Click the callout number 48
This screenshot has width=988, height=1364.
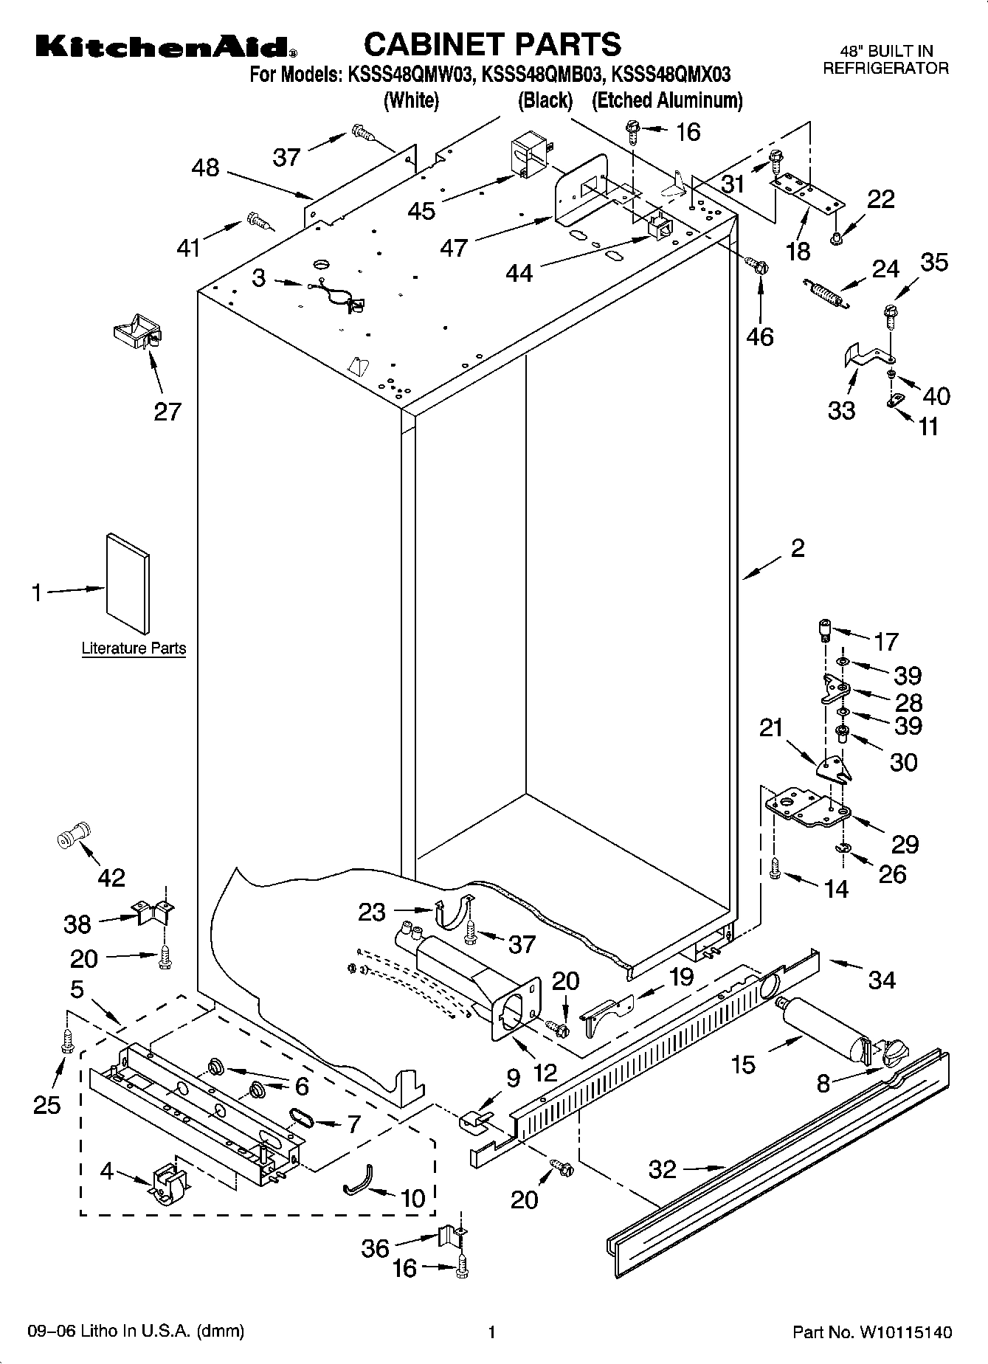pyautogui.click(x=205, y=167)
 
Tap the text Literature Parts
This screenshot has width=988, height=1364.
pyautogui.click(x=134, y=648)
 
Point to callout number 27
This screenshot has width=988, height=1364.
pyautogui.click(x=167, y=411)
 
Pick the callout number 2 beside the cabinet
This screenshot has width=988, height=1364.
pyautogui.click(x=797, y=549)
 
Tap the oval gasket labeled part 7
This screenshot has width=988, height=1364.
pyautogui.click(x=303, y=1118)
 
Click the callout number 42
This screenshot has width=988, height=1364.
pyautogui.click(x=111, y=877)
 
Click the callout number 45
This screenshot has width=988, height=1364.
pyautogui.click(x=422, y=210)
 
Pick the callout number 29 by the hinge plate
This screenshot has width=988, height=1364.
pyautogui.click(x=905, y=843)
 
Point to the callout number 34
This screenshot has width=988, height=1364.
pyautogui.click(x=882, y=980)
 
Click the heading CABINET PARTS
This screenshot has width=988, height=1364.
pyautogui.click(x=492, y=44)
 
